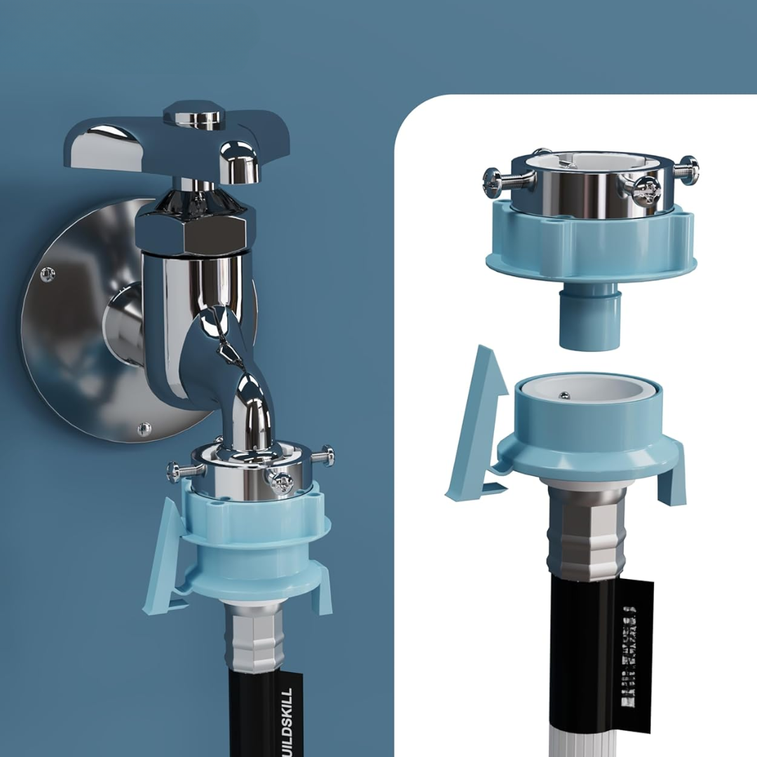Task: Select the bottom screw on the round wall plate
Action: [144, 428]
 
